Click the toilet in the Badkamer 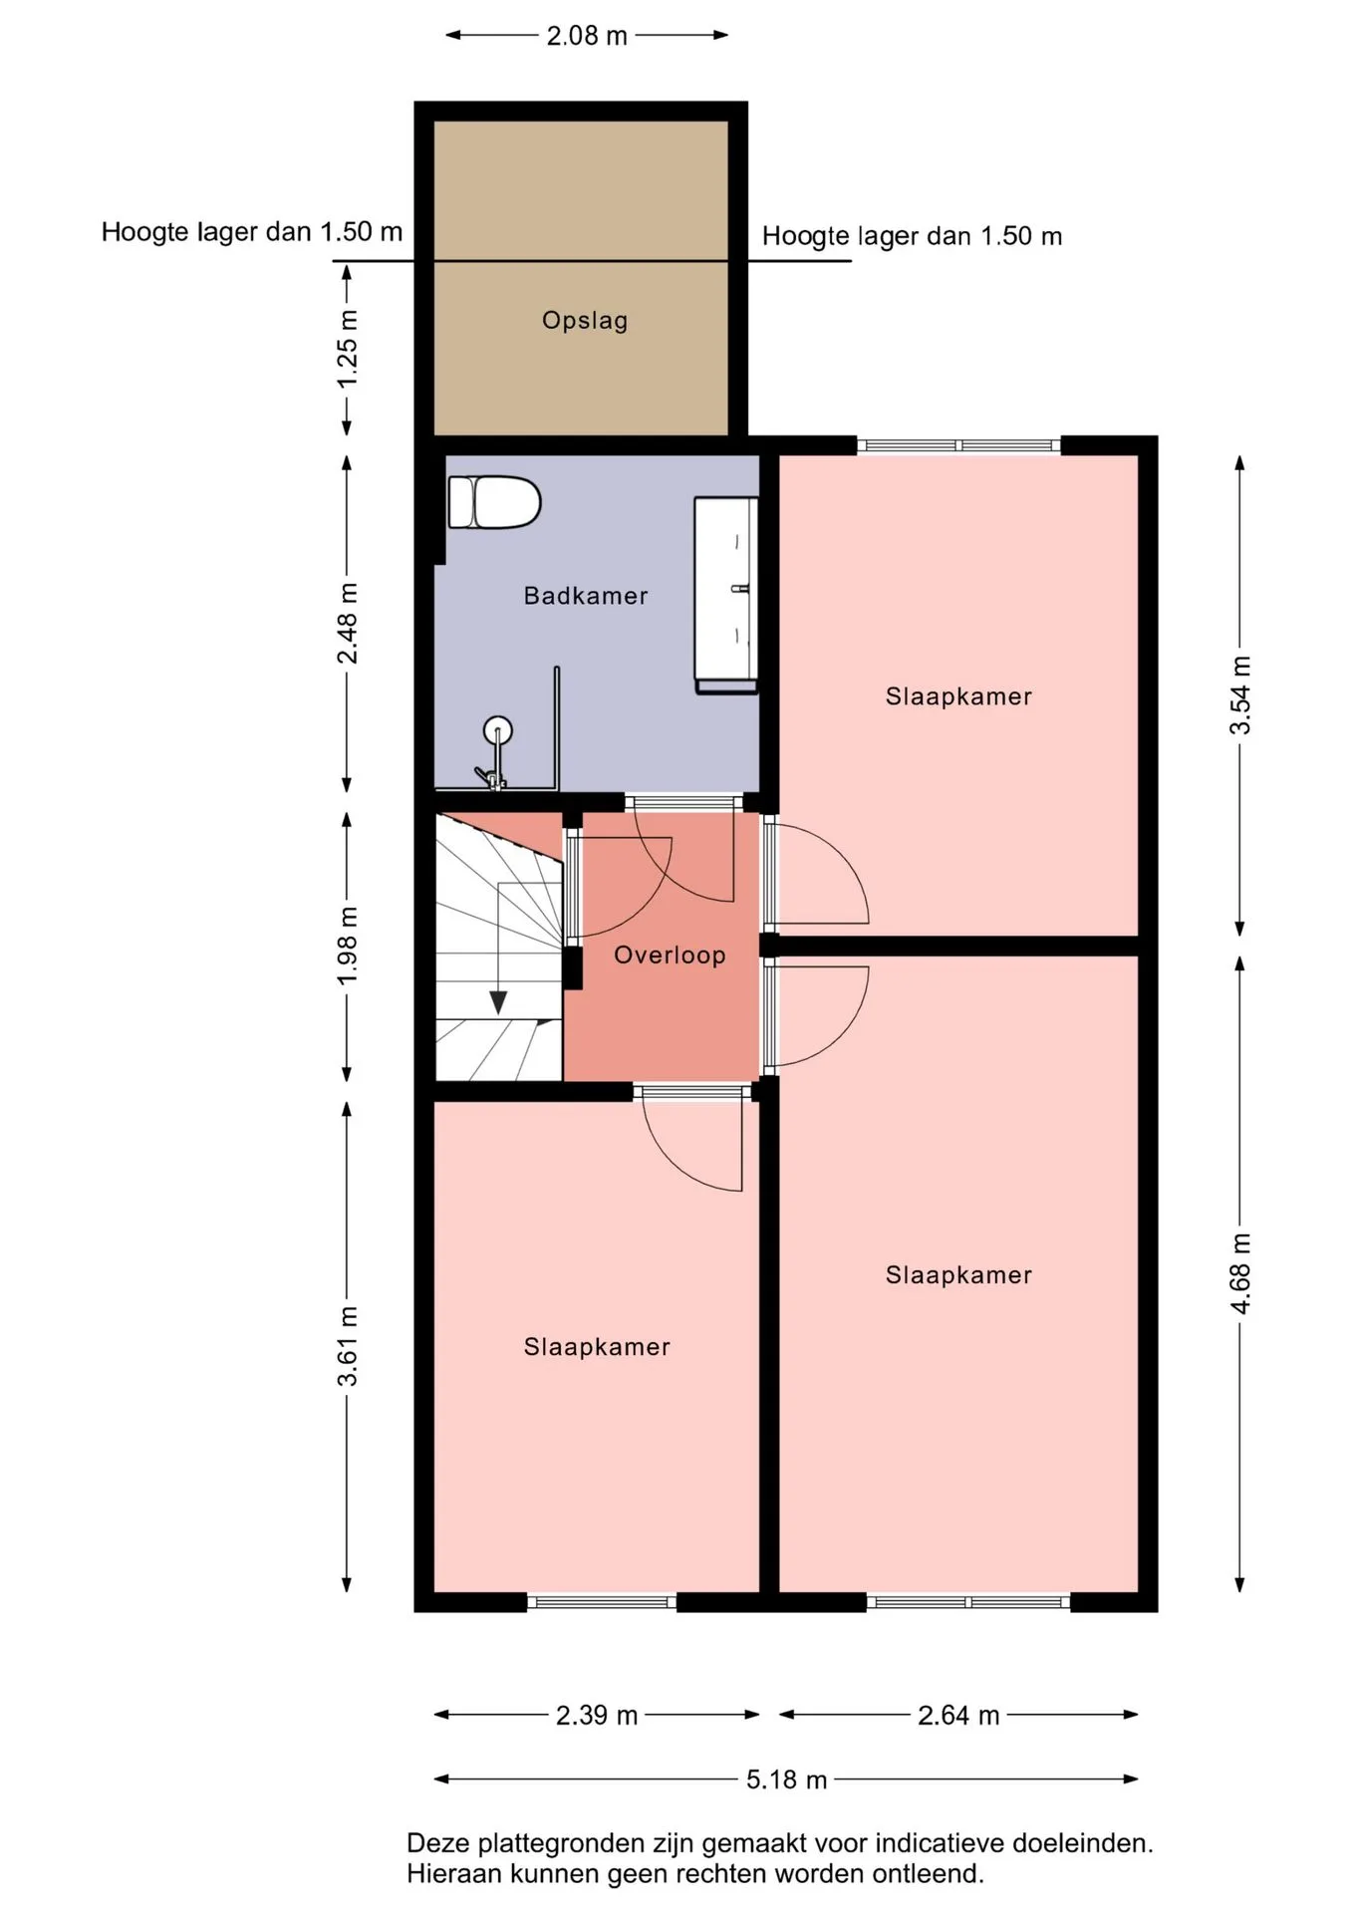click(x=494, y=502)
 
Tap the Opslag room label click(x=585, y=321)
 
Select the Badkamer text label click(x=586, y=596)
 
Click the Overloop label click(x=670, y=956)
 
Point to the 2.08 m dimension click(x=587, y=36)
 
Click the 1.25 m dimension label click(x=347, y=349)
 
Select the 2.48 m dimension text click(x=347, y=624)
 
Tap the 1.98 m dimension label click(x=347, y=946)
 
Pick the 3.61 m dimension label click(x=347, y=1346)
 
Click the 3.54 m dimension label click(x=1239, y=695)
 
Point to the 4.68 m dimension click(x=1239, y=1274)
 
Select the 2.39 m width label click(x=597, y=1715)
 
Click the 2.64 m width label click(x=958, y=1715)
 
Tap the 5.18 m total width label click(x=787, y=1779)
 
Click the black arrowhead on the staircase click(x=498, y=1002)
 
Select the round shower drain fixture click(x=497, y=731)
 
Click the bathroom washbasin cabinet click(x=725, y=595)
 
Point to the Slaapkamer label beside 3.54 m click(x=958, y=696)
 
